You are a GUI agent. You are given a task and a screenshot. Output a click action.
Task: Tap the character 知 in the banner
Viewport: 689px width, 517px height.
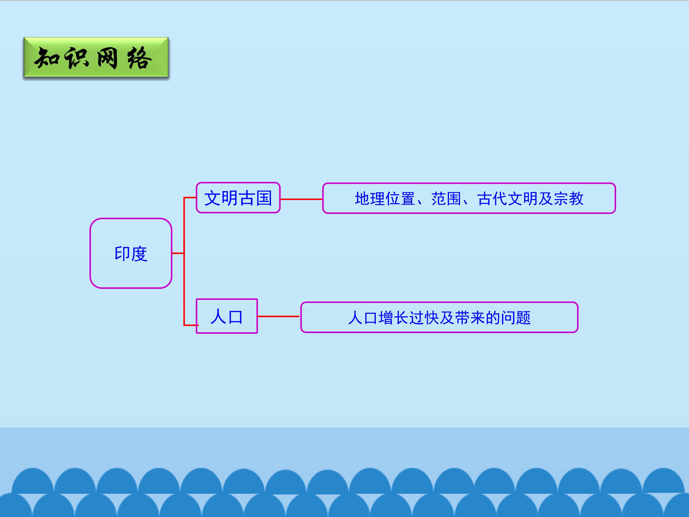click(x=47, y=58)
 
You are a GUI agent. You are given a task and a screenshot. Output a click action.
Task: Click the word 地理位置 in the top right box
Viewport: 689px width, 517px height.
click(x=385, y=198)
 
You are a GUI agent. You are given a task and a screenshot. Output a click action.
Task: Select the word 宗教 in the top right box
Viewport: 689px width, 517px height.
click(x=568, y=198)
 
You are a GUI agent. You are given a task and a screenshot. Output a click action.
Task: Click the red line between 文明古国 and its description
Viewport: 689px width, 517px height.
click(x=301, y=199)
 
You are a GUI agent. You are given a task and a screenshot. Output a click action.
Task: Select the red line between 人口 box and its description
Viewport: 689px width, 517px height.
click(x=278, y=316)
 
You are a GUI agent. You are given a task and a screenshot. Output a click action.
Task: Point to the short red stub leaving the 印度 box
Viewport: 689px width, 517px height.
click(x=178, y=253)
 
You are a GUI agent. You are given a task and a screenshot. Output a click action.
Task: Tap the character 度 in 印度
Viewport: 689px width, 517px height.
click(x=139, y=254)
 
